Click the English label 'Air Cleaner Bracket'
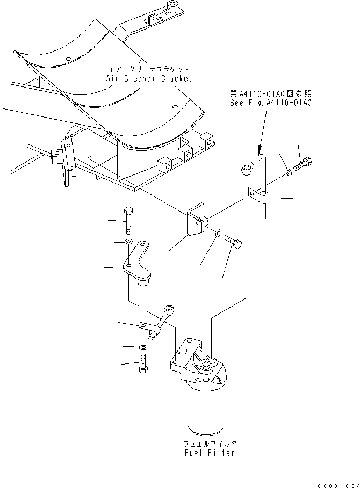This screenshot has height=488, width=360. click(x=148, y=78)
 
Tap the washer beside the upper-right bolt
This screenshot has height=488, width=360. click(x=289, y=172)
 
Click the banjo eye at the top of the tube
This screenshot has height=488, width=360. click(x=245, y=171)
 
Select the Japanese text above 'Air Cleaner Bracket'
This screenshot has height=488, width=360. click(x=148, y=69)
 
